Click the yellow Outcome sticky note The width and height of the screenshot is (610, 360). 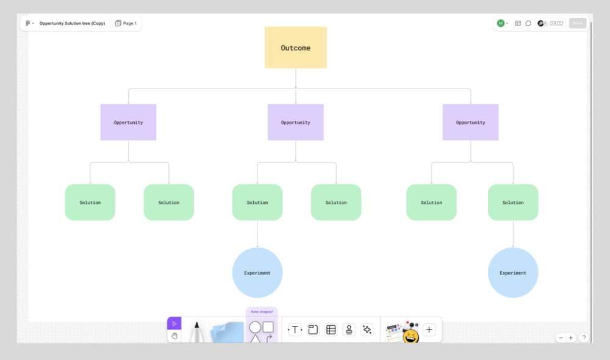pos(296,48)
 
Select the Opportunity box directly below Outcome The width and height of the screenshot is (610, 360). pos(296,122)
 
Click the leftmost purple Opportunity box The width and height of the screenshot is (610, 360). pos(128,122)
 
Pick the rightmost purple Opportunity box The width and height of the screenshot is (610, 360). pos(470,122)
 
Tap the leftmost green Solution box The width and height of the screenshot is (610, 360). pos(90,202)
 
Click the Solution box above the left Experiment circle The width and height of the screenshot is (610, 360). pos(257,202)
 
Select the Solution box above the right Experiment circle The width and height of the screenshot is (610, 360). pos(513,202)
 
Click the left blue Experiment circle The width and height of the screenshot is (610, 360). pos(257,273)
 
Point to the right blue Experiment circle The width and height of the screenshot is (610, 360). pos(513,273)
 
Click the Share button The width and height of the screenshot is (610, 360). pos(577,23)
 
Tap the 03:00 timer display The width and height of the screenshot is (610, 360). pos(556,23)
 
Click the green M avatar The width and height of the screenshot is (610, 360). pos(501,23)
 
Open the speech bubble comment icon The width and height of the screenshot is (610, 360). pos(528,23)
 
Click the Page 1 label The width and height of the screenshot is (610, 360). pos(126,23)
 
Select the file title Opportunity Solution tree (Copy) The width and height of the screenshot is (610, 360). pos(72,23)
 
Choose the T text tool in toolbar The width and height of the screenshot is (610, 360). pos(295,330)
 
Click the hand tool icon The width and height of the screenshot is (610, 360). pos(174,336)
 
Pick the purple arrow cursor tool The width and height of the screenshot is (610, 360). pos(174,323)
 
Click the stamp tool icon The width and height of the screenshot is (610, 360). pos(349,330)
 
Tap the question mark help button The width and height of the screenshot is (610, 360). pos(584,337)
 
